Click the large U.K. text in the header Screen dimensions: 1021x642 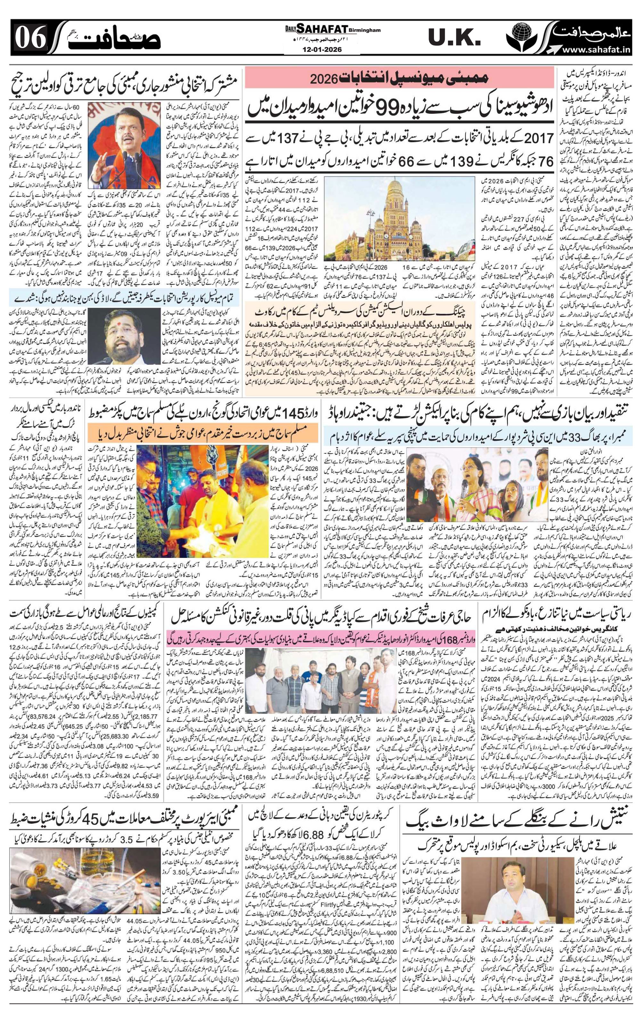(455, 40)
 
